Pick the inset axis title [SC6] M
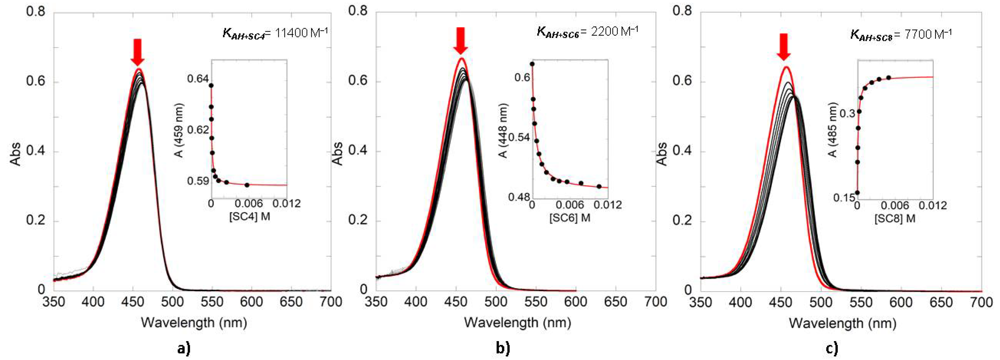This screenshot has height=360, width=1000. pyautogui.click(x=569, y=218)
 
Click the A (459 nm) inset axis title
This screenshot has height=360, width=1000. pyautogui.click(x=179, y=130)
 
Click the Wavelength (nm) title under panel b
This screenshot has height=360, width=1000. pyautogui.click(x=518, y=323)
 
